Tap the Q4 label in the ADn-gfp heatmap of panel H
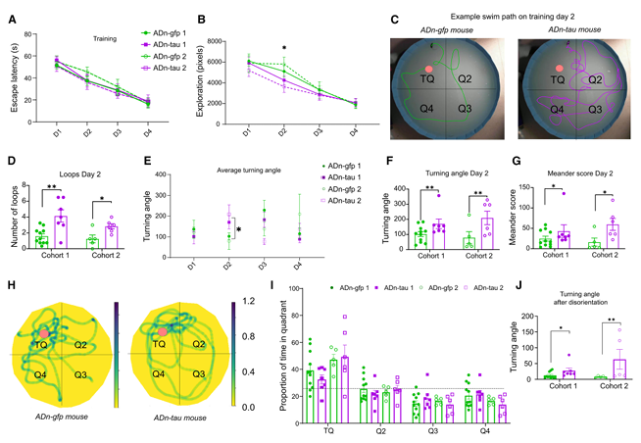point(38,374)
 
